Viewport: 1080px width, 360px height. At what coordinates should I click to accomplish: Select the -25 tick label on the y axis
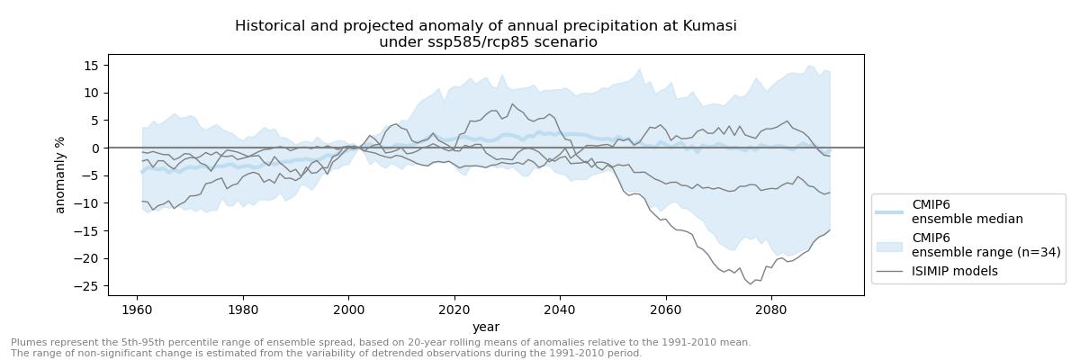click(89, 286)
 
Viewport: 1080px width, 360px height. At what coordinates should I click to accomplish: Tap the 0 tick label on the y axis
click(96, 148)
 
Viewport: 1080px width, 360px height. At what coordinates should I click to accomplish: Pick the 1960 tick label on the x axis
click(137, 308)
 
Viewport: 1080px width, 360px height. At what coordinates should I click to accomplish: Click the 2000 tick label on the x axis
click(348, 308)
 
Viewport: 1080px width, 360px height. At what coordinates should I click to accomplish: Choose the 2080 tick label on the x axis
click(771, 308)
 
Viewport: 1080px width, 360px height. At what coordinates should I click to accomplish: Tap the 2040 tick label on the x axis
click(560, 308)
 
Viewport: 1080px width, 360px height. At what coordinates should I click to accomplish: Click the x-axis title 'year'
click(486, 327)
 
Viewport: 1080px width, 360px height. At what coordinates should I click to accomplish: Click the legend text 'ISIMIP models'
click(954, 271)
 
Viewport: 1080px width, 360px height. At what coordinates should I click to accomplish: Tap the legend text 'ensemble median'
click(967, 219)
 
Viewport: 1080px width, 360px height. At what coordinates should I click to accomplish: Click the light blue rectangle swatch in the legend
click(889, 245)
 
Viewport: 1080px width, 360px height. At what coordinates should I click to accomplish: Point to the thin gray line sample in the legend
click(889, 271)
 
